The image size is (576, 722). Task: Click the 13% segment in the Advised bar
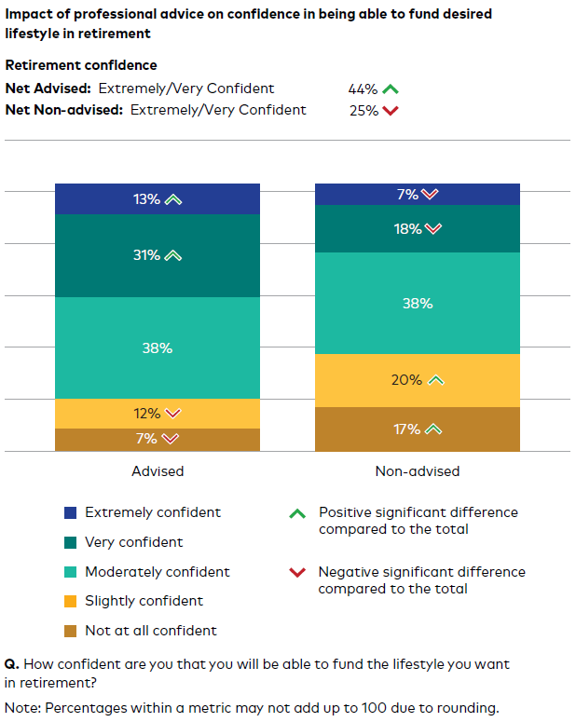[157, 199]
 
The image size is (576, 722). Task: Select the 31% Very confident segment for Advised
[157, 255]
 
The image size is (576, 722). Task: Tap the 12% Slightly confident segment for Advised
[157, 414]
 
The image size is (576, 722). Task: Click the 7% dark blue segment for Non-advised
[417, 194]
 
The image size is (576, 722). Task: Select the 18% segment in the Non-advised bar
[417, 229]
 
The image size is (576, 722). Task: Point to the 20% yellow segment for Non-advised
[417, 380]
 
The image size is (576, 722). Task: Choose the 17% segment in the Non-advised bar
[417, 429]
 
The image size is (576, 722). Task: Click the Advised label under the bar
[158, 471]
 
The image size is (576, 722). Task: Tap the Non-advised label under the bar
[417, 471]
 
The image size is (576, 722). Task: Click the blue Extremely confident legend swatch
[70, 512]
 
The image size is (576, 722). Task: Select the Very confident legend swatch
[70, 542]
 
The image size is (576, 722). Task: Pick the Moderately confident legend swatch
[70, 572]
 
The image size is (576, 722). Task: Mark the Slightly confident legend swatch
[70, 601]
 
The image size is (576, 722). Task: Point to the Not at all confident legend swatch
[70, 631]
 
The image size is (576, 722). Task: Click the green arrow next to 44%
[391, 89]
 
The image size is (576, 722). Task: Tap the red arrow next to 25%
[391, 111]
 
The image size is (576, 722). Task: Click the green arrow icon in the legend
[297, 513]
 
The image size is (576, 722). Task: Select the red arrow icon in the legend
[297, 573]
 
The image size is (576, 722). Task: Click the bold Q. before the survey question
[11, 664]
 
